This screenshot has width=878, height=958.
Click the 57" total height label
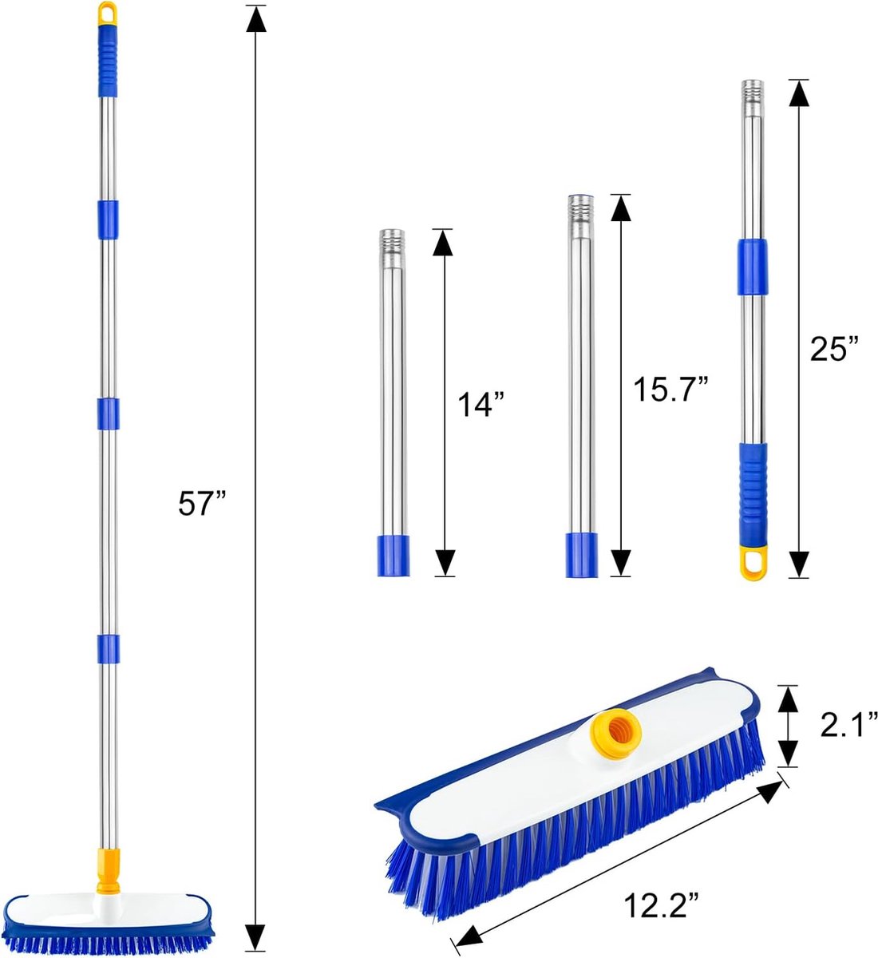(202, 505)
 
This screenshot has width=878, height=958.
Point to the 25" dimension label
(835, 349)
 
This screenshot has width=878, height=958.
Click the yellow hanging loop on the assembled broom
(107, 13)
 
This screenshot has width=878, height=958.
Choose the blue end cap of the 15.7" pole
(580, 555)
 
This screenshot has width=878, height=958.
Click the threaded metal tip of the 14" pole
(392, 239)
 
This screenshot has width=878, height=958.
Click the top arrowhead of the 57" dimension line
(255, 19)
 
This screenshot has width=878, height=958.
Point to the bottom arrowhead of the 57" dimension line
(255, 936)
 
